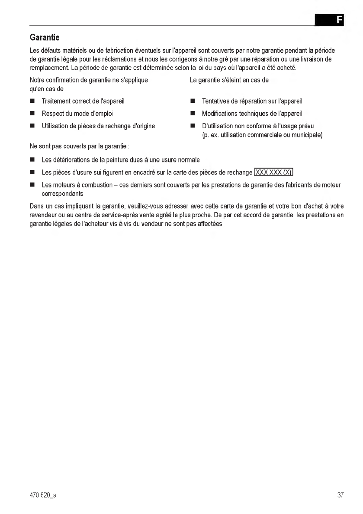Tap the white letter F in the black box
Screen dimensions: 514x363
coord(339,20)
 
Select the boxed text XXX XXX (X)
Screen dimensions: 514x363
coord(274,173)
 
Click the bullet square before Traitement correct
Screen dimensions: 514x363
coord(32,102)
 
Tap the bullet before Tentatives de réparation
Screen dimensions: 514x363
coord(193,102)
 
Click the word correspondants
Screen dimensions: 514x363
coord(62,194)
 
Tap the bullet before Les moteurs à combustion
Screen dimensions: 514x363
coord(32,185)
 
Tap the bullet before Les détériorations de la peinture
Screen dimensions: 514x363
coord(32,160)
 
